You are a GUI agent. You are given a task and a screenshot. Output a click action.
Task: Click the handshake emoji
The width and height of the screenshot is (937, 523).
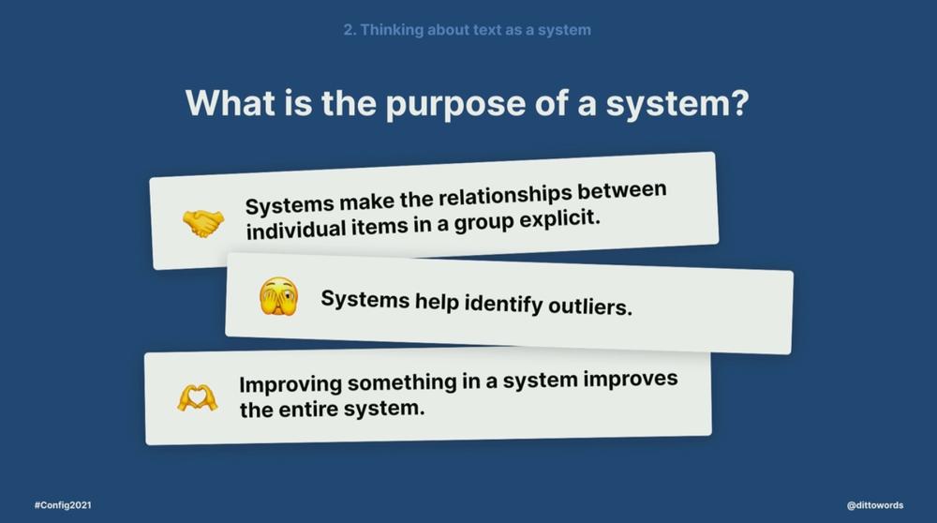point(203,224)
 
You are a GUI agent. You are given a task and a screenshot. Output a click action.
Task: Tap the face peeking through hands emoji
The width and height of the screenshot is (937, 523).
point(278,296)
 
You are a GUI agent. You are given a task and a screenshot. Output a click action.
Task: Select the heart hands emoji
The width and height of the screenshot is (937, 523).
point(197,397)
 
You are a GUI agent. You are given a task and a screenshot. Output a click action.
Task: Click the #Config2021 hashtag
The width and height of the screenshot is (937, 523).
point(63,505)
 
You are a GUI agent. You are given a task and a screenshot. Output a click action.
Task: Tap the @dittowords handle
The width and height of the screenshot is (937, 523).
point(875,505)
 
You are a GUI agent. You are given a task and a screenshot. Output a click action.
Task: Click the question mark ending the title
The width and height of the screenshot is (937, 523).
point(738,102)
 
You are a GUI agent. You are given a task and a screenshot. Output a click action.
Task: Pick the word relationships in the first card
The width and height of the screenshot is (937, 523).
point(505,197)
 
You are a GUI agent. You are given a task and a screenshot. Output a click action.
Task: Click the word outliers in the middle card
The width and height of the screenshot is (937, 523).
point(589,306)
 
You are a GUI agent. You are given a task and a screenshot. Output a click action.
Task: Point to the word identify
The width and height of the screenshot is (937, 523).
point(503,304)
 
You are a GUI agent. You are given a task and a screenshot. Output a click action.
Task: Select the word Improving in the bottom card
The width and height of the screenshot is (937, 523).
point(290,384)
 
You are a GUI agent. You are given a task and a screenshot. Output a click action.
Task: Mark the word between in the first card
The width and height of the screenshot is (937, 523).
point(621,191)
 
